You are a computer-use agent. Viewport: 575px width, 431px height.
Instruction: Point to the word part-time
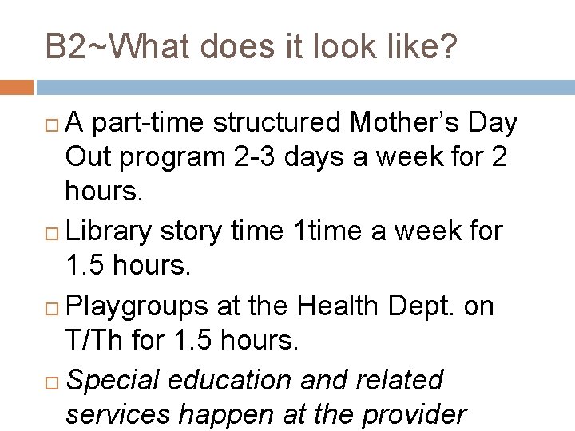[142, 125]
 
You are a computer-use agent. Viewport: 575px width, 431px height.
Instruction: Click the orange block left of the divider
[17, 85]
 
